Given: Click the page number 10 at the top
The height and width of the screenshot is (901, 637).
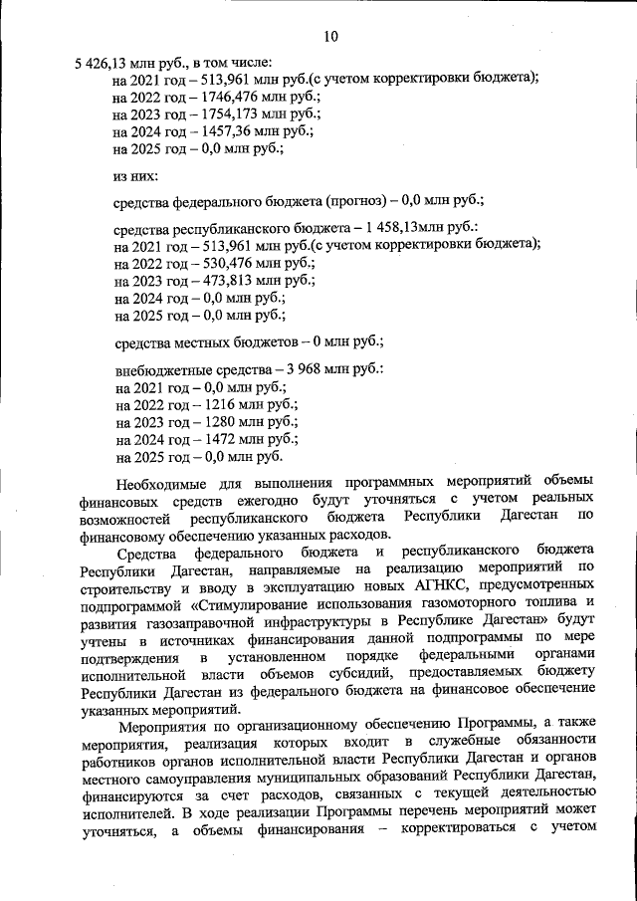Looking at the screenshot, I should tap(331, 37).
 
